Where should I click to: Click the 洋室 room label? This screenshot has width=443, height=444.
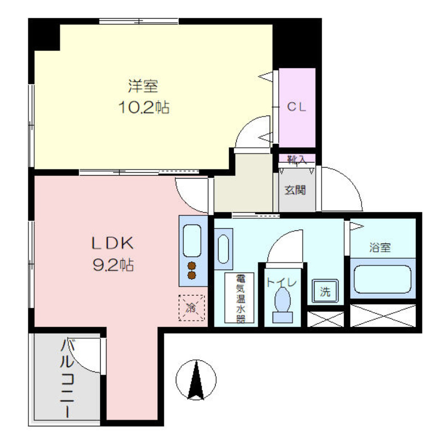pyautogui.click(x=143, y=86)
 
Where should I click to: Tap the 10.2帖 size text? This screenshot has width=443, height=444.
pyautogui.click(x=144, y=108)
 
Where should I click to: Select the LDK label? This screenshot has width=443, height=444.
pyautogui.click(x=112, y=243)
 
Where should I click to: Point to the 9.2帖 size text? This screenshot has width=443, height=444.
pyautogui.click(x=113, y=265)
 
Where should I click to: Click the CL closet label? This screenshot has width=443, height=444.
pyautogui.click(x=296, y=107)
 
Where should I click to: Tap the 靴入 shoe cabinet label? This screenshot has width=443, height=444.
pyautogui.click(x=297, y=160)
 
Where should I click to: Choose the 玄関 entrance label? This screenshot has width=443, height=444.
pyautogui.click(x=295, y=190)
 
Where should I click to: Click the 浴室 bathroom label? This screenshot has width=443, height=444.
pyautogui.click(x=380, y=247)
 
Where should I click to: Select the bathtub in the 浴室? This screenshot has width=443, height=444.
pyautogui.click(x=383, y=279)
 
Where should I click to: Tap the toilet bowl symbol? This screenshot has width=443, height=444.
pyautogui.click(x=282, y=305)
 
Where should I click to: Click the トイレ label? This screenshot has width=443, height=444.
pyautogui.click(x=282, y=282)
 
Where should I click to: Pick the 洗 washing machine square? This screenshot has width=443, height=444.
pyautogui.click(x=325, y=291)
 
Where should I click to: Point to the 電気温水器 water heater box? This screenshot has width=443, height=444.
pyautogui.click(x=239, y=298)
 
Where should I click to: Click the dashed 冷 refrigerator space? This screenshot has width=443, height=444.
pyautogui.click(x=191, y=308)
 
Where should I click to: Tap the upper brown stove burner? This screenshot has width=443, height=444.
pyautogui.click(x=192, y=266)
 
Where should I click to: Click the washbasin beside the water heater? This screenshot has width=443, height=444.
pyautogui.click(x=223, y=249)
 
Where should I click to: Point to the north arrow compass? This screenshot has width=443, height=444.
pyautogui.click(x=196, y=380)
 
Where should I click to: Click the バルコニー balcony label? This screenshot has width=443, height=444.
pyautogui.click(x=67, y=378)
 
